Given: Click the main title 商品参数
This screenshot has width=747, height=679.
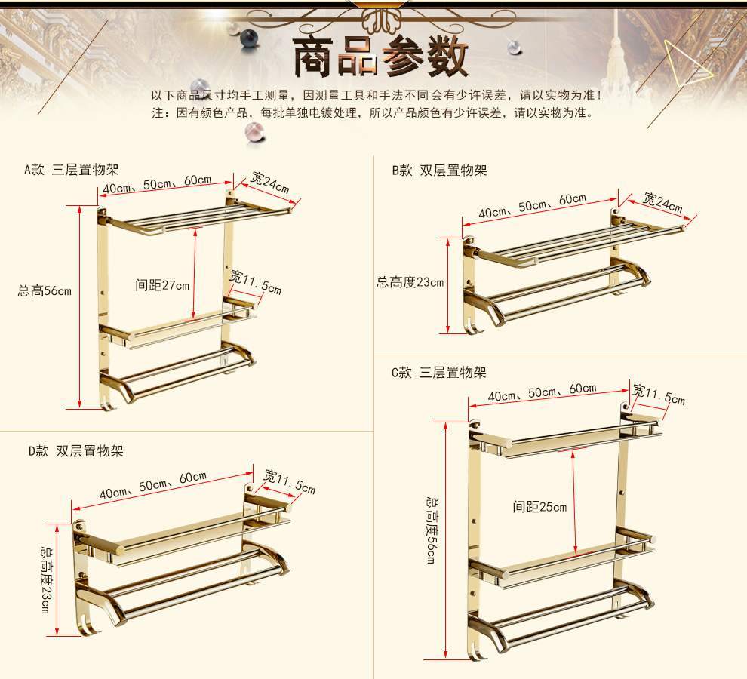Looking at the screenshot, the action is pos(380,57).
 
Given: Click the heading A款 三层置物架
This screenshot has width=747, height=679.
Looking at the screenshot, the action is pos(72,170).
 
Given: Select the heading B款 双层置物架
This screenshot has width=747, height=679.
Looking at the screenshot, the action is pos(439,170).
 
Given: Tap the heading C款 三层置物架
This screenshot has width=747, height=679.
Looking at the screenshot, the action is pos(438,372).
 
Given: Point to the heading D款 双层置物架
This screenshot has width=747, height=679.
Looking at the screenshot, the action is pos(76,450).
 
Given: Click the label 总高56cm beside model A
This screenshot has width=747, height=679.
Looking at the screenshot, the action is pos(45,290).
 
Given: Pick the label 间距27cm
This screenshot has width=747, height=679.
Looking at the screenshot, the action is pos(162,285).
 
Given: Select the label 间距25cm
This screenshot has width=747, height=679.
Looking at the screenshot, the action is pos(539,507).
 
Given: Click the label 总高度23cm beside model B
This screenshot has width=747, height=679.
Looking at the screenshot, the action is pos(410,282).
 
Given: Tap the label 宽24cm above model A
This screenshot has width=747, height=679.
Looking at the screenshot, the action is pos(270,183).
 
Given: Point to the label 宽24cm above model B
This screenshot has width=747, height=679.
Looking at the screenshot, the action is pos(662,202).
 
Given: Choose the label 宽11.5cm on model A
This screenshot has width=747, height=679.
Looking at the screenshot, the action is pos(256,282).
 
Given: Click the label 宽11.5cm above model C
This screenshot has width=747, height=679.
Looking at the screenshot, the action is pos(659,395).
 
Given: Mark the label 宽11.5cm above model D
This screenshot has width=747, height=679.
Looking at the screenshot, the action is pos(290,482).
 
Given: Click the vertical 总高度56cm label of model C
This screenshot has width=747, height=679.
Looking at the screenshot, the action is pos(432,530).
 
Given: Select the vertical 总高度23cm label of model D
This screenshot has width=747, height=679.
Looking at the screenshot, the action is pos(47,580).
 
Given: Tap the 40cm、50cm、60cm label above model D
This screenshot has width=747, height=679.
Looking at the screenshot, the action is pos(153,485).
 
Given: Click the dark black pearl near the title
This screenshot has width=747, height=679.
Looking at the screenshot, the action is pos(249,38).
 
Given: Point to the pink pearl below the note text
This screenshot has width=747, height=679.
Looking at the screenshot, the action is pos(255,132).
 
